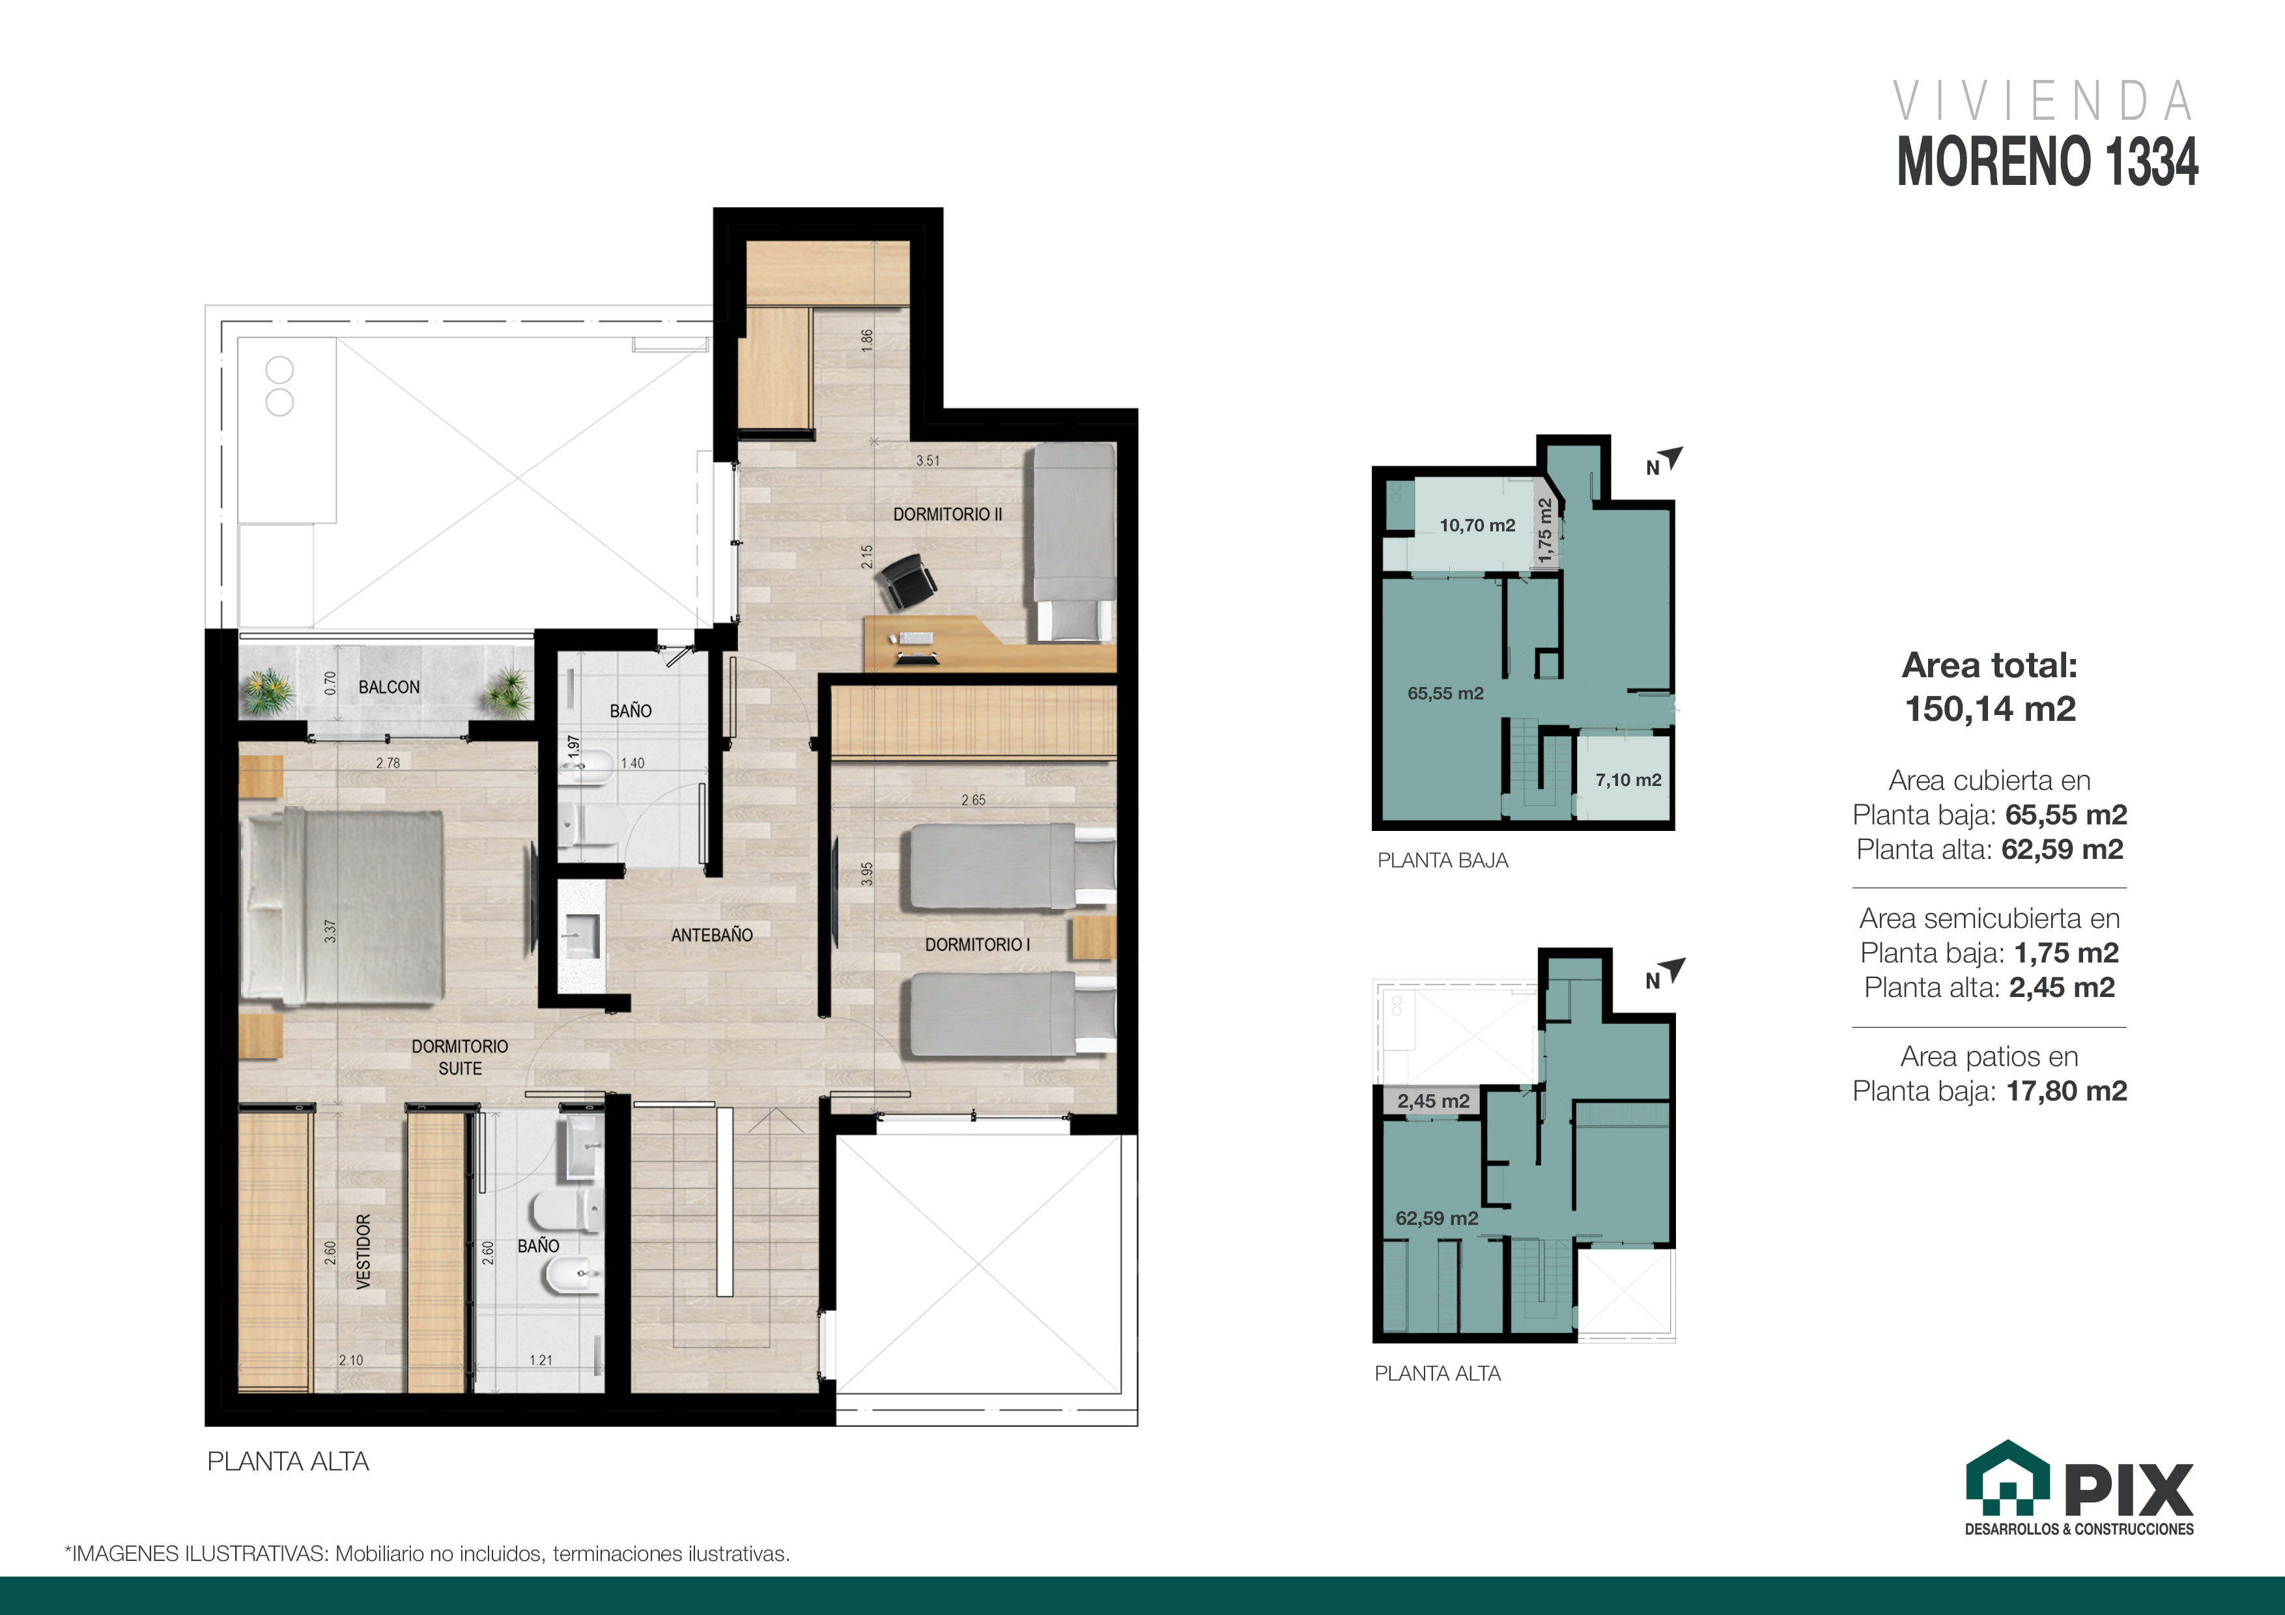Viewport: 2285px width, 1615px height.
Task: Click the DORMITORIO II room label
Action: coord(948,514)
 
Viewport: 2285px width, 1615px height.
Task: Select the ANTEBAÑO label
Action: coord(711,935)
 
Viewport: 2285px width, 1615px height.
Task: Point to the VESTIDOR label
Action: coord(363,1252)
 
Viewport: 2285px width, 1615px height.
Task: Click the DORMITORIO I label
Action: coord(977,944)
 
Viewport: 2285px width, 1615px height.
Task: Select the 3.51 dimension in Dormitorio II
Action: coord(928,460)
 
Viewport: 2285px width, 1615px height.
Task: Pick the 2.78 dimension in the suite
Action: coord(388,763)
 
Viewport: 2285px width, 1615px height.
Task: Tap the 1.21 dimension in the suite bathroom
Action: coord(541,1360)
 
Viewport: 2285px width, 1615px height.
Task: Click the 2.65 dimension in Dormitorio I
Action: coord(973,800)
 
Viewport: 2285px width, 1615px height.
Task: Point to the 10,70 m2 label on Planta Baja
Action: coord(1477,526)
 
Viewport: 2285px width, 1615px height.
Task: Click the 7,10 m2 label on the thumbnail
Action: coord(1628,780)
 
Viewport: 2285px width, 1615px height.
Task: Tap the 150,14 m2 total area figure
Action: coord(1991,709)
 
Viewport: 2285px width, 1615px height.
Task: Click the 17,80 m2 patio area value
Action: coord(2066,1091)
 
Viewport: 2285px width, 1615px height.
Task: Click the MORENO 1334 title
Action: coord(2047,161)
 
